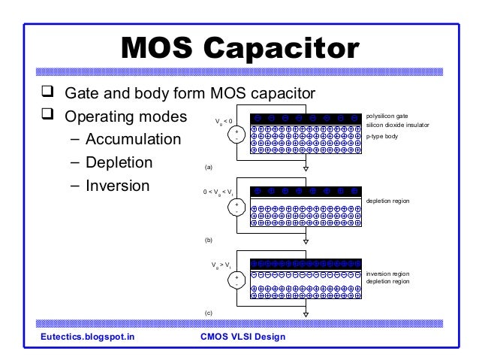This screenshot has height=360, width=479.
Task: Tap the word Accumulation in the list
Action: point(133,140)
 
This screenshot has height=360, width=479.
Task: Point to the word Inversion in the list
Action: point(119,185)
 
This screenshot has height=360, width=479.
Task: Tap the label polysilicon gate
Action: point(387,117)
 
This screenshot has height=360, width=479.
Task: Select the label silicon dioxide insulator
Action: point(397,126)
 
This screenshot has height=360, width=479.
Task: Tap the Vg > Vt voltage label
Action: point(223,266)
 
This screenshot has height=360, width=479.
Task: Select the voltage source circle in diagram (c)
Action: point(237,280)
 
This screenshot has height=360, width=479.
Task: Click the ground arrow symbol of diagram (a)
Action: point(306,170)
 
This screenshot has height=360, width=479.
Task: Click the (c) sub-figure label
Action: point(209,310)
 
